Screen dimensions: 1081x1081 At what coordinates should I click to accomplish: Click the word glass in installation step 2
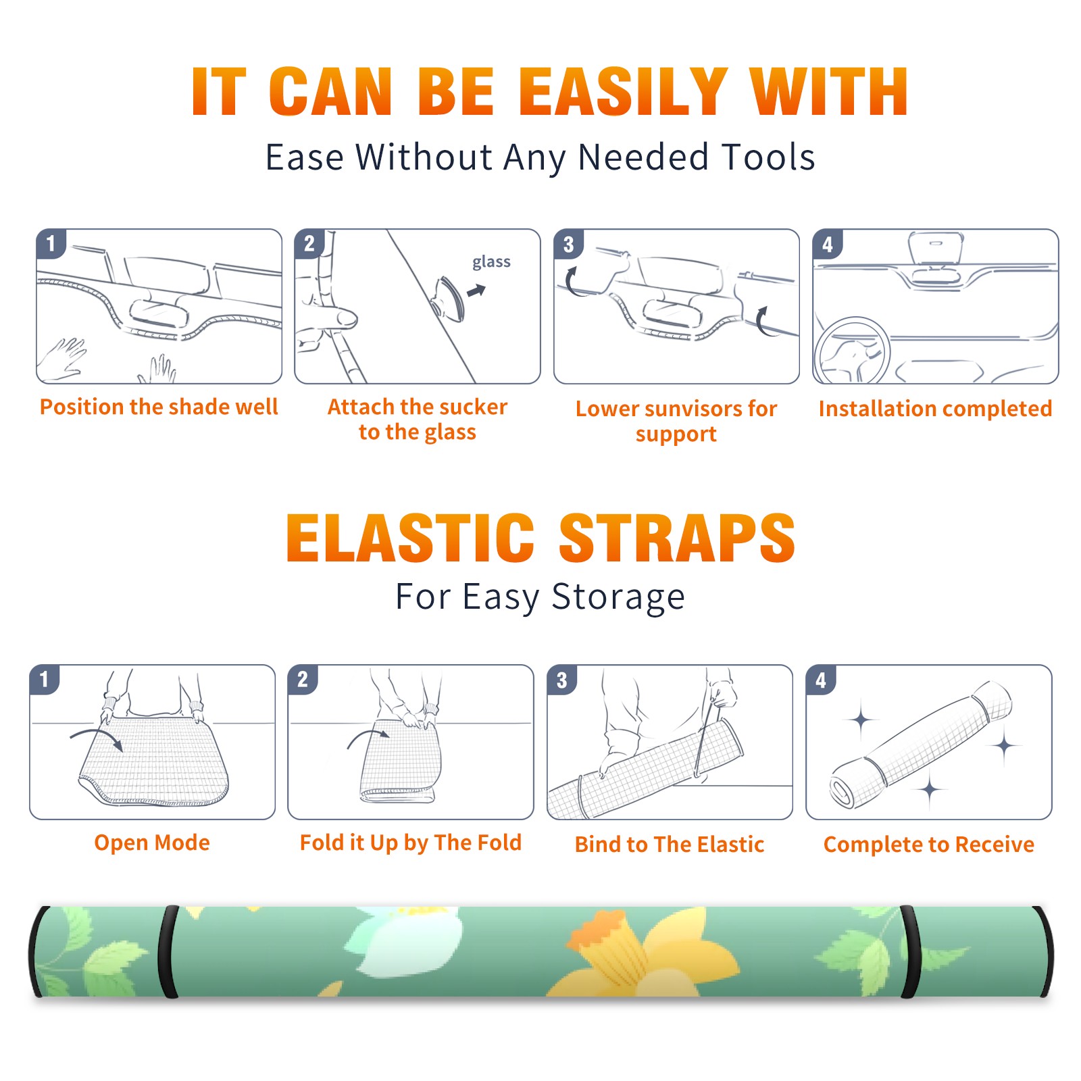[491, 262]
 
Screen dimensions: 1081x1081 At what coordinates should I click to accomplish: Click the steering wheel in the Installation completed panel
[852, 351]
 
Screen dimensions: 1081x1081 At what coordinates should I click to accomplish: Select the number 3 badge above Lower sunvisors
[568, 245]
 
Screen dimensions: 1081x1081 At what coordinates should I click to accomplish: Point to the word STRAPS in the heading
[677, 538]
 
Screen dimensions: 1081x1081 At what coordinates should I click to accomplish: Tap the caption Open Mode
[152, 843]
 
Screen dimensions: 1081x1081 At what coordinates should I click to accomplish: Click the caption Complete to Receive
[929, 845]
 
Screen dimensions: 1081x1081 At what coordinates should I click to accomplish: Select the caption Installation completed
[935, 409]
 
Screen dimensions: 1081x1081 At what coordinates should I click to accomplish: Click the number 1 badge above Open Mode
[45, 680]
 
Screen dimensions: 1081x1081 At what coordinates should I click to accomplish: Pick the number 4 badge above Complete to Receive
[821, 680]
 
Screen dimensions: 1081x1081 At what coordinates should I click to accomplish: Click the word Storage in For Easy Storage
[618, 597]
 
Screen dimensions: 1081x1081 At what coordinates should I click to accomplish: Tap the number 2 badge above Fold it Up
[303, 680]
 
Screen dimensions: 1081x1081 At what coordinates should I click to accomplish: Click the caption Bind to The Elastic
[670, 845]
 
